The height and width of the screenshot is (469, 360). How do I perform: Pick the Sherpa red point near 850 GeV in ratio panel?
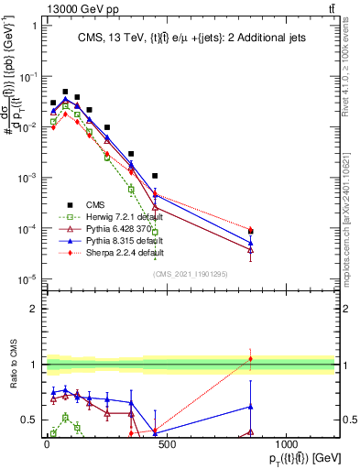click(x=250, y=358)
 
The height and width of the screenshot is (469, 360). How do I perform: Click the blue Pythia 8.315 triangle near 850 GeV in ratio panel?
click(x=250, y=406)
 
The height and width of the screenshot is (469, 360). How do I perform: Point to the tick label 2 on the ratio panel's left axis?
click(x=34, y=309)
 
